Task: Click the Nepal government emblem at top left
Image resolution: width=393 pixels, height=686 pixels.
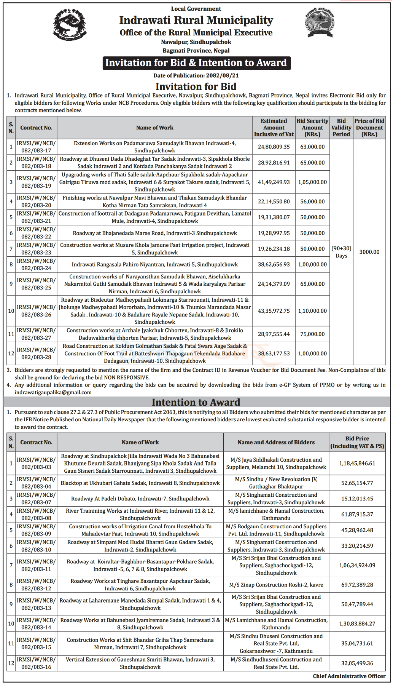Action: pyautogui.click(x=70, y=24)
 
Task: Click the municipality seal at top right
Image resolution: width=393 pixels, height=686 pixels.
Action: pyautogui.click(x=320, y=24)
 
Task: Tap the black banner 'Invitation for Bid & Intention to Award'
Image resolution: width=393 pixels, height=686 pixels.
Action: pyautogui.click(x=196, y=63)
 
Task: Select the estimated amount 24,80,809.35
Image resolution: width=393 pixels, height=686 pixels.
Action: pyautogui.click(x=274, y=147)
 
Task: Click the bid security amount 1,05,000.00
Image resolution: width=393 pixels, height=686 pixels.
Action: pyautogui.click(x=312, y=182)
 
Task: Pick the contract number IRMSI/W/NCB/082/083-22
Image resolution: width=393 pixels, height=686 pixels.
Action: pyautogui.click(x=36, y=233)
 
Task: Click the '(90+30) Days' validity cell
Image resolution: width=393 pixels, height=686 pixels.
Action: pyautogui.click(x=341, y=252)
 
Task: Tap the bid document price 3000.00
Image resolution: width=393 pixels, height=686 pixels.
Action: pyautogui.click(x=369, y=252)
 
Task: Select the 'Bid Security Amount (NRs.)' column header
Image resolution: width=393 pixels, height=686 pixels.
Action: pyautogui.click(x=312, y=128)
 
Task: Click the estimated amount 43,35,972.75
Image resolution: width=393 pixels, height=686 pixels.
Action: pyautogui.click(x=274, y=311)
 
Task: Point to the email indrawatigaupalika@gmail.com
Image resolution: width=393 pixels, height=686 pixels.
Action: pyautogui.click(x=53, y=392)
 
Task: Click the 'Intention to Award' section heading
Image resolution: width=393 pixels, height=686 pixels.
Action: pyautogui.click(x=196, y=402)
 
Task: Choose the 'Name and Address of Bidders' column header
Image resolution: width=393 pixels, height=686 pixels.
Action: pyautogui.click(x=276, y=442)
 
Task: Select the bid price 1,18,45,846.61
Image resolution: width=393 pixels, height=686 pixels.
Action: pyautogui.click(x=357, y=464)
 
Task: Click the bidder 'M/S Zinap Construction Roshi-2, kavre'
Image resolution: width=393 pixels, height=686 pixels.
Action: pyautogui.click(x=276, y=585)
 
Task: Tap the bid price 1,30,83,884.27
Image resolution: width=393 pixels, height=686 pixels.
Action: pyautogui.click(x=357, y=624)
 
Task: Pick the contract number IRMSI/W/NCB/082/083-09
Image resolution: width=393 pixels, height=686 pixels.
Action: pyautogui.click(x=36, y=530)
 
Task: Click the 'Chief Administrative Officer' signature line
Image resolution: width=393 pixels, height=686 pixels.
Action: pyautogui.click(x=349, y=676)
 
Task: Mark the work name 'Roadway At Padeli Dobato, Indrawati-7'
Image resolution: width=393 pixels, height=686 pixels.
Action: pyautogui.click(x=140, y=499)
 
